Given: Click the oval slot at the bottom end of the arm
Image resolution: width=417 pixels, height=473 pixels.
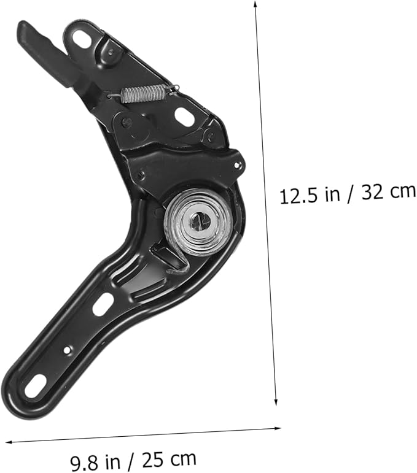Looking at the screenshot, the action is pos(34,385).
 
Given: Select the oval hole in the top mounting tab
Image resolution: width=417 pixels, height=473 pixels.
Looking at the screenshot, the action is pos(82,38).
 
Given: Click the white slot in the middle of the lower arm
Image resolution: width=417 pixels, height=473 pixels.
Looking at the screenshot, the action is pos(103,304).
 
